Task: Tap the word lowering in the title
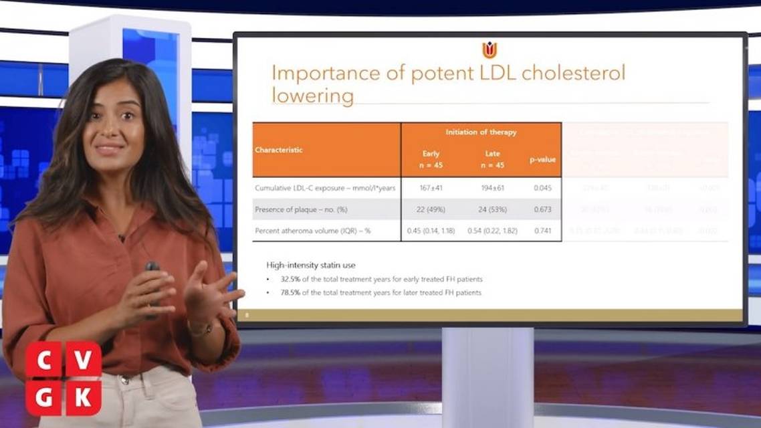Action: (312, 96)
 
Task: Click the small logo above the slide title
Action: (490, 50)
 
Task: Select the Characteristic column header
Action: (279, 150)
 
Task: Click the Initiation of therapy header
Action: (481, 132)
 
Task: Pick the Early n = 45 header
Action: (431, 159)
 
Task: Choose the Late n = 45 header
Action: (492, 159)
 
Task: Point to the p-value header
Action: (542, 159)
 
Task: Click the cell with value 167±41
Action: (431, 188)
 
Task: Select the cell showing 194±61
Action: (492, 188)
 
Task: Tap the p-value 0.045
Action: (542, 188)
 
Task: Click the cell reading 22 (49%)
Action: (431, 209)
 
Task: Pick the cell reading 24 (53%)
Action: (492, 209)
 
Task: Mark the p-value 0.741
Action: (542, 231)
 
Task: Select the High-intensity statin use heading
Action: (311, 265)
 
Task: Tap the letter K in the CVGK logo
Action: (84, 398)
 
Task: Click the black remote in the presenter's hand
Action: (152, 267)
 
